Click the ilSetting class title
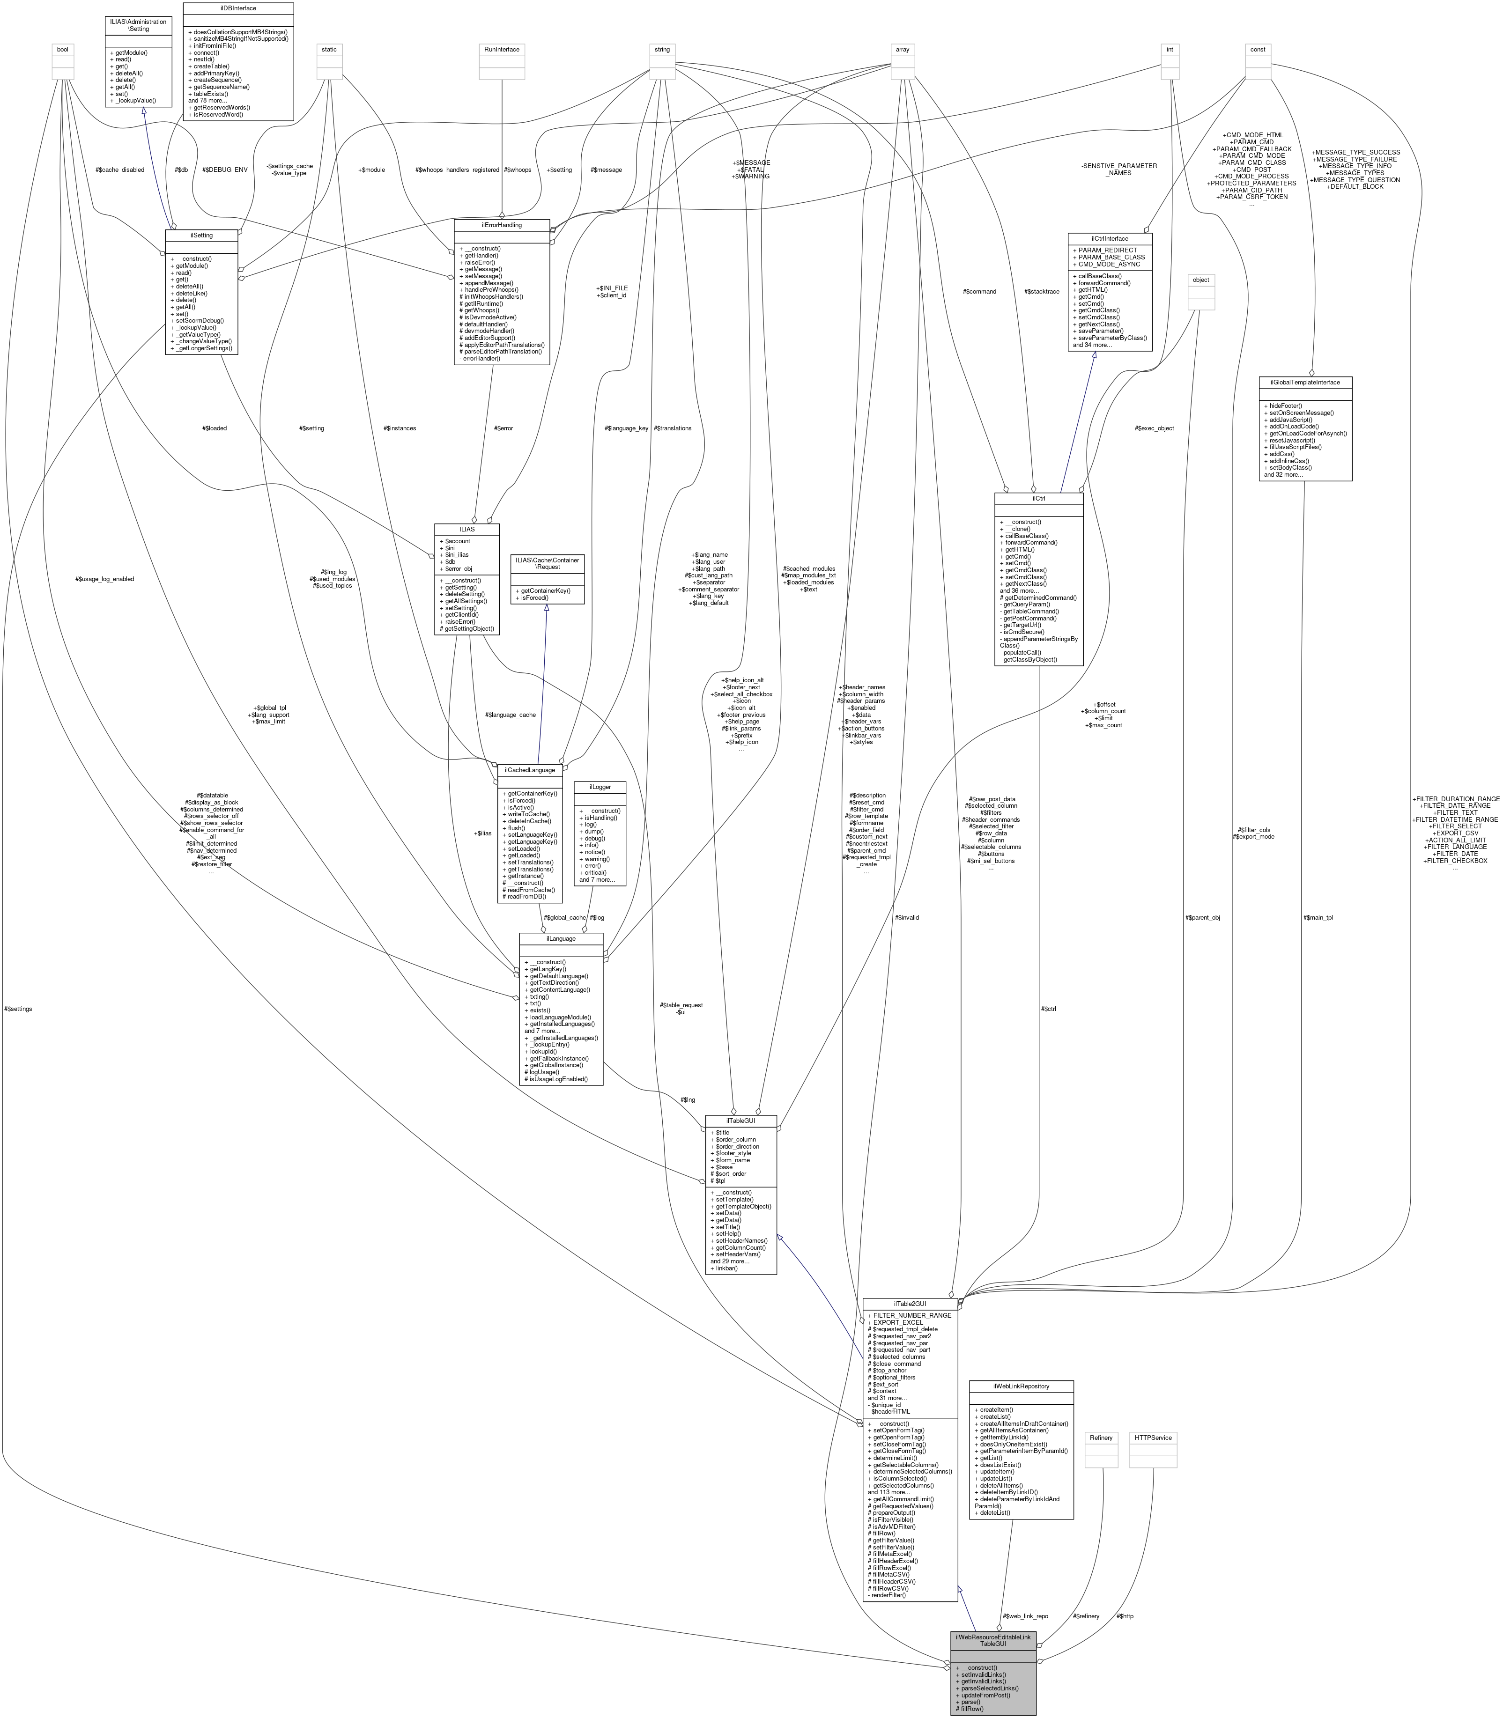pyautogui.click(x=201, y=236)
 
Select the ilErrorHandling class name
pyautogui.click(x=501, y=225)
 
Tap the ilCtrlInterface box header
pyautogui.click(x=1109, y=238)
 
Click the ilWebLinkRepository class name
pyautogui.click(x=1020, y=1386)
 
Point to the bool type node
pyautogui.click(x=62, y=50)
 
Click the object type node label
pyautogui.click(x=1200, y=280)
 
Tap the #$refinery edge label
pyautogui.click(x=1085, y=1616)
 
